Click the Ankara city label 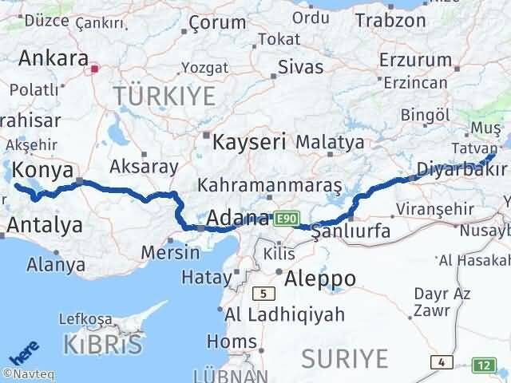[53, 58]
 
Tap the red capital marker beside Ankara [94, 69]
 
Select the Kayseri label [249, 143]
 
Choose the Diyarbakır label [461, 168]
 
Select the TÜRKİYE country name [164, 97]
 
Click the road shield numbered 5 [262, 294]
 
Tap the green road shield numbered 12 [484, 364]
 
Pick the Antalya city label [45, 225]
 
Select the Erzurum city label [415, 60]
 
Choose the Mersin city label [170, 252]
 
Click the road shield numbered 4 [441, 362]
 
